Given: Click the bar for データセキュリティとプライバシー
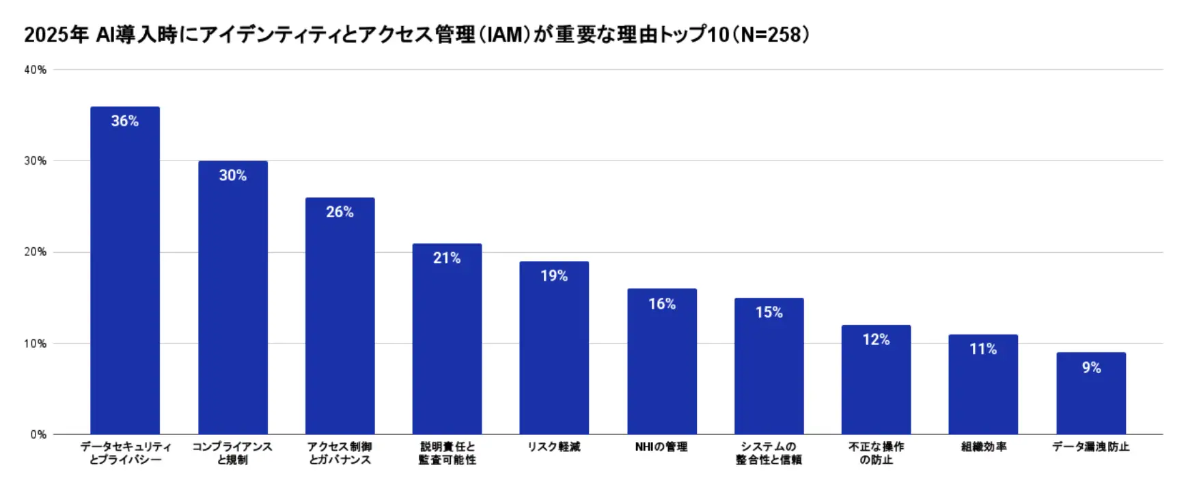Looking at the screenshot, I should [125, 273].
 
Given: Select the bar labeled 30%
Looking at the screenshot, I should [233, 301].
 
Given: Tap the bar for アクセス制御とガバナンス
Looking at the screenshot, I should [340, 318].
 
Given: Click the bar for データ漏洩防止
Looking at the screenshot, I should [1091, 396].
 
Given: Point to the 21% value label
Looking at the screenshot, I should [447, 258].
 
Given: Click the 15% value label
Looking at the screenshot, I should [769, 313].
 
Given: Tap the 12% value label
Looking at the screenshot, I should [876, 340].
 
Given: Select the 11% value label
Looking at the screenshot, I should [983, 349].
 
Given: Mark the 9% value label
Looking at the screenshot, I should [1091, 368].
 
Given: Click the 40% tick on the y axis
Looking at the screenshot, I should [36, 70].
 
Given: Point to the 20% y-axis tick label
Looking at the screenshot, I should [36, 252].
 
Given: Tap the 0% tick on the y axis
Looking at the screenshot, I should [38, 434].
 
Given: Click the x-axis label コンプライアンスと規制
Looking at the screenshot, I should [232, 453].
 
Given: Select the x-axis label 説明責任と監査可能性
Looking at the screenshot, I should [447, 453].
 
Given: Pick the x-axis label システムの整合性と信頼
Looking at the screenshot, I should [769, 453].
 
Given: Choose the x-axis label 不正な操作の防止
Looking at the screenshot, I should [876, 453].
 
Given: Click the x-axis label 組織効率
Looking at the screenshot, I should [984, 447].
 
